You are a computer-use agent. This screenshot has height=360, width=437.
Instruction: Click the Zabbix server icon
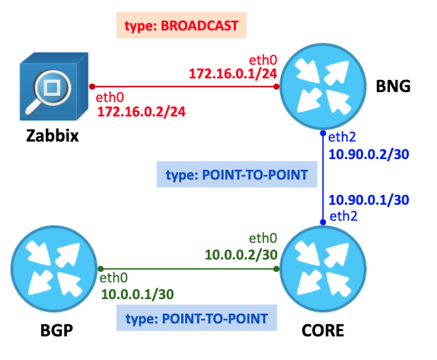pyautogui.click(x=54, y=86)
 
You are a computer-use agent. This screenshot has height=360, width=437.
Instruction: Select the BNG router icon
pyautogui.click(x=323, y=86)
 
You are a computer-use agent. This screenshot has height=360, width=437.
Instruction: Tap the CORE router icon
pyautogui.click(x=323, y=269)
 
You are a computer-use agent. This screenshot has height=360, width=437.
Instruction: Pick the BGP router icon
pyautogui.click(x=54, y=269)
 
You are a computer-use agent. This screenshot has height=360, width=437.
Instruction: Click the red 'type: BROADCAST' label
pyautogui.click(x=181, y=25)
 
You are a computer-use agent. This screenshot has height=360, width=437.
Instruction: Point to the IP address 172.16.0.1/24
pyautogui.click(x=233, y=74)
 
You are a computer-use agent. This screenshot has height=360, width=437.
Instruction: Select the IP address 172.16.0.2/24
pyautogui.click(x=142, y=112)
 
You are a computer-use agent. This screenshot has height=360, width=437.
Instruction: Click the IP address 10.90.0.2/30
pyautogui.click(x=368, y=155)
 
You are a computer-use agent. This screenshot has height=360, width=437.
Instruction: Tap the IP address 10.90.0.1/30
pyautogui.click(x=368, y=200)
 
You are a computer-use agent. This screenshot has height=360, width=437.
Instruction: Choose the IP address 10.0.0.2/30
pyautogui.click(x=241, y=255)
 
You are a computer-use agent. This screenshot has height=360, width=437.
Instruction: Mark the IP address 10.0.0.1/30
pyautogui.click(x=137, y=295)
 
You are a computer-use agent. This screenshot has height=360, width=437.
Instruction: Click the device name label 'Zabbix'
pyautogui.click(x=53, y=136)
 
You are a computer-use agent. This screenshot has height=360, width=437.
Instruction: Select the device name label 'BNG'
pyautogui.click(x=393, y=86)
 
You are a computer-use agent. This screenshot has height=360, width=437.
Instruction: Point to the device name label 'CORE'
pyautogui.click(x=323, y=331)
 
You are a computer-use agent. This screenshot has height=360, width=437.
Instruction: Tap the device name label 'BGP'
pyautogui.click(x=56, y=331)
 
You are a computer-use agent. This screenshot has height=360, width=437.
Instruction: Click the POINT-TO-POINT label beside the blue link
pyautogui.click(x=237, y=174)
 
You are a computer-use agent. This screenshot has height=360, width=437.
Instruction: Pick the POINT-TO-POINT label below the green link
pyautogui.click(x=196, y=318)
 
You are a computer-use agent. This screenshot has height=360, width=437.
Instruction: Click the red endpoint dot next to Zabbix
pyautogui.click(x=92, y=87)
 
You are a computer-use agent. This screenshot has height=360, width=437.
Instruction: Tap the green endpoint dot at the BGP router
pyautogui.click(x=101, y=269)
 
